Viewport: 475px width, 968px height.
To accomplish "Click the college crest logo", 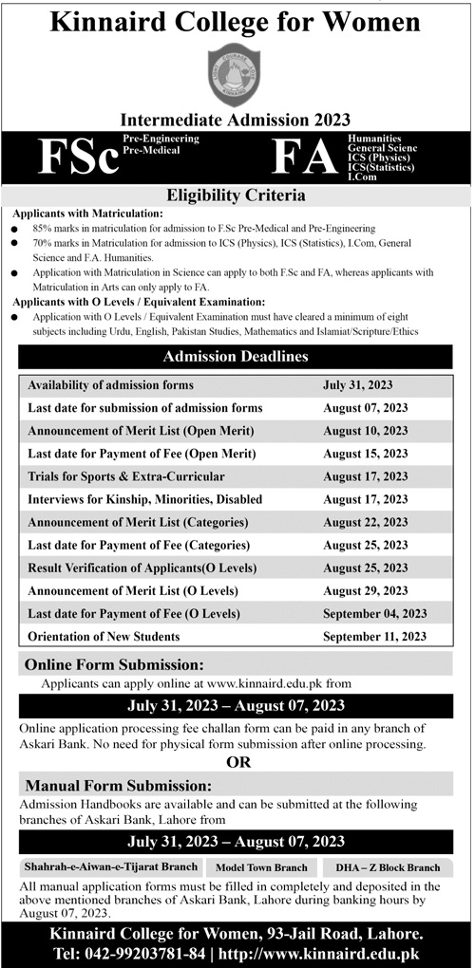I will click(234, 73).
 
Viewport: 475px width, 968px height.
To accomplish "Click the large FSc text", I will click(78, 158).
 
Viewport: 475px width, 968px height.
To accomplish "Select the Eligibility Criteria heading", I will click(236, 196).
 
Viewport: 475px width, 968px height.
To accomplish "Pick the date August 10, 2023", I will click(366, 431).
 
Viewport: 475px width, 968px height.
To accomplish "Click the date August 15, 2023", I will click(366, 454).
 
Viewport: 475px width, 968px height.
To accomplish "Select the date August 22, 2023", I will click(366, 522).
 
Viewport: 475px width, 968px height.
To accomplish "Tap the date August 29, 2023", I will click(366, 590).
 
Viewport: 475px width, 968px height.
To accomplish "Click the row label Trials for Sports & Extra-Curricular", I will click(126, 476).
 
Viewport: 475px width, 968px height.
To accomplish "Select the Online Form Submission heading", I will click(114, 664).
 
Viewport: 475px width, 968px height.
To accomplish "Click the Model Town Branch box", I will click(262, 867).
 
